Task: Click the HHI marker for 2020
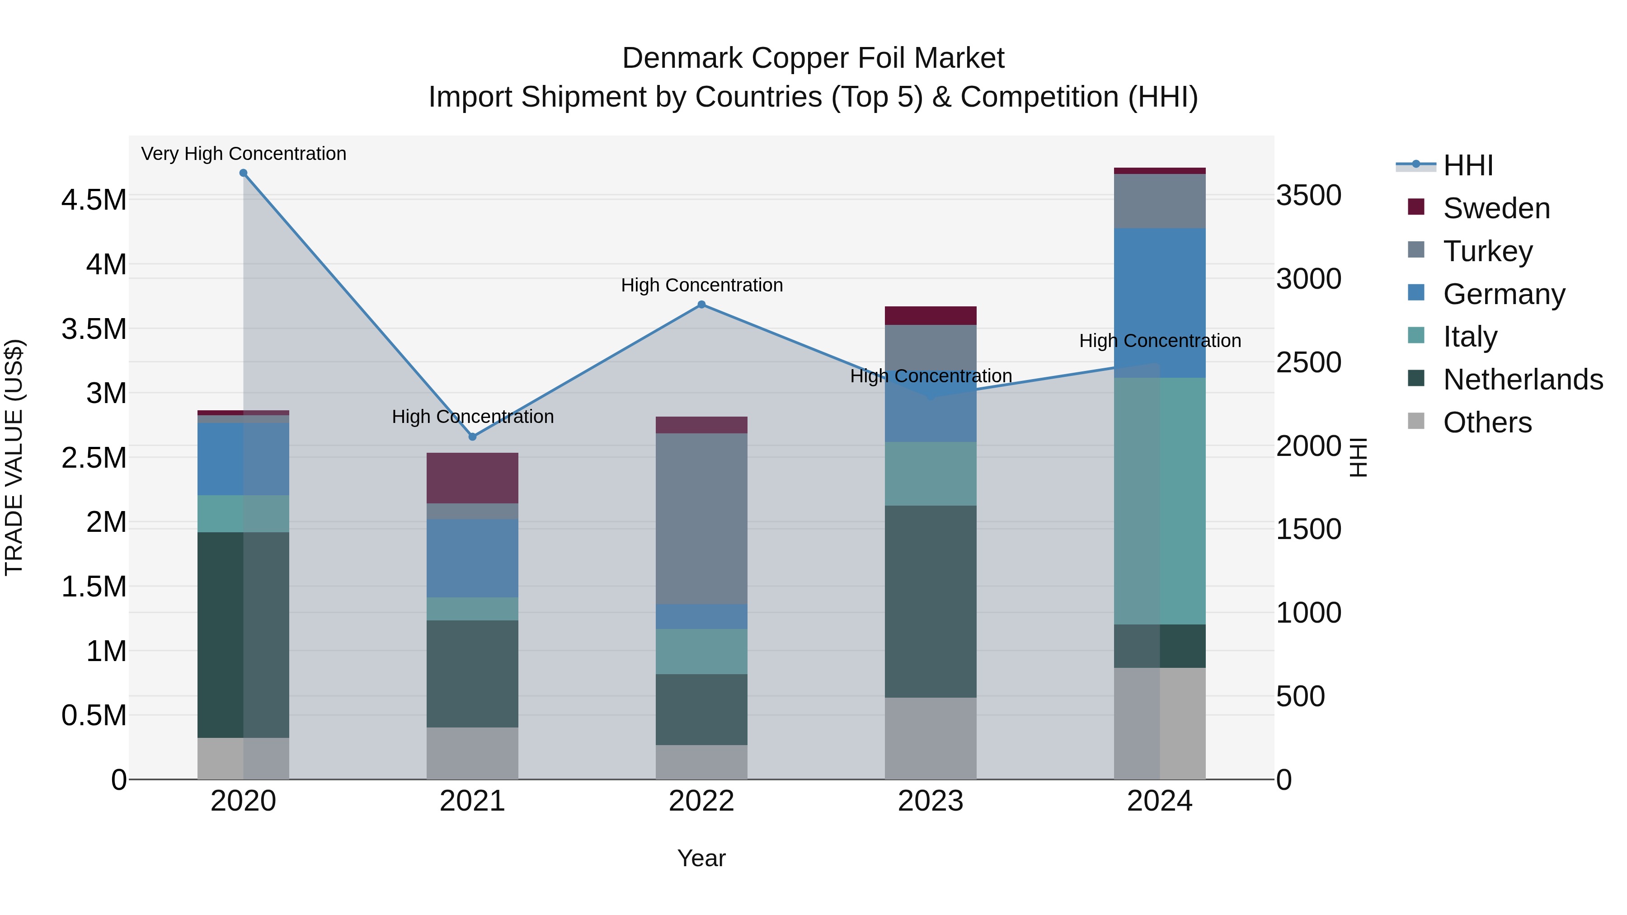(243, 173)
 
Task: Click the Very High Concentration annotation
(243, 154)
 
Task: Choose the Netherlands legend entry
(1522, 380)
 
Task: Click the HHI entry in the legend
(1468, 165)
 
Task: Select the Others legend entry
(1487, 422)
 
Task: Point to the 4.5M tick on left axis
(94, 200)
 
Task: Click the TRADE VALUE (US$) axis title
(14, 457)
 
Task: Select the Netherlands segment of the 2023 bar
(931, 601)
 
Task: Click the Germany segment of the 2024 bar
(1160, 303)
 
